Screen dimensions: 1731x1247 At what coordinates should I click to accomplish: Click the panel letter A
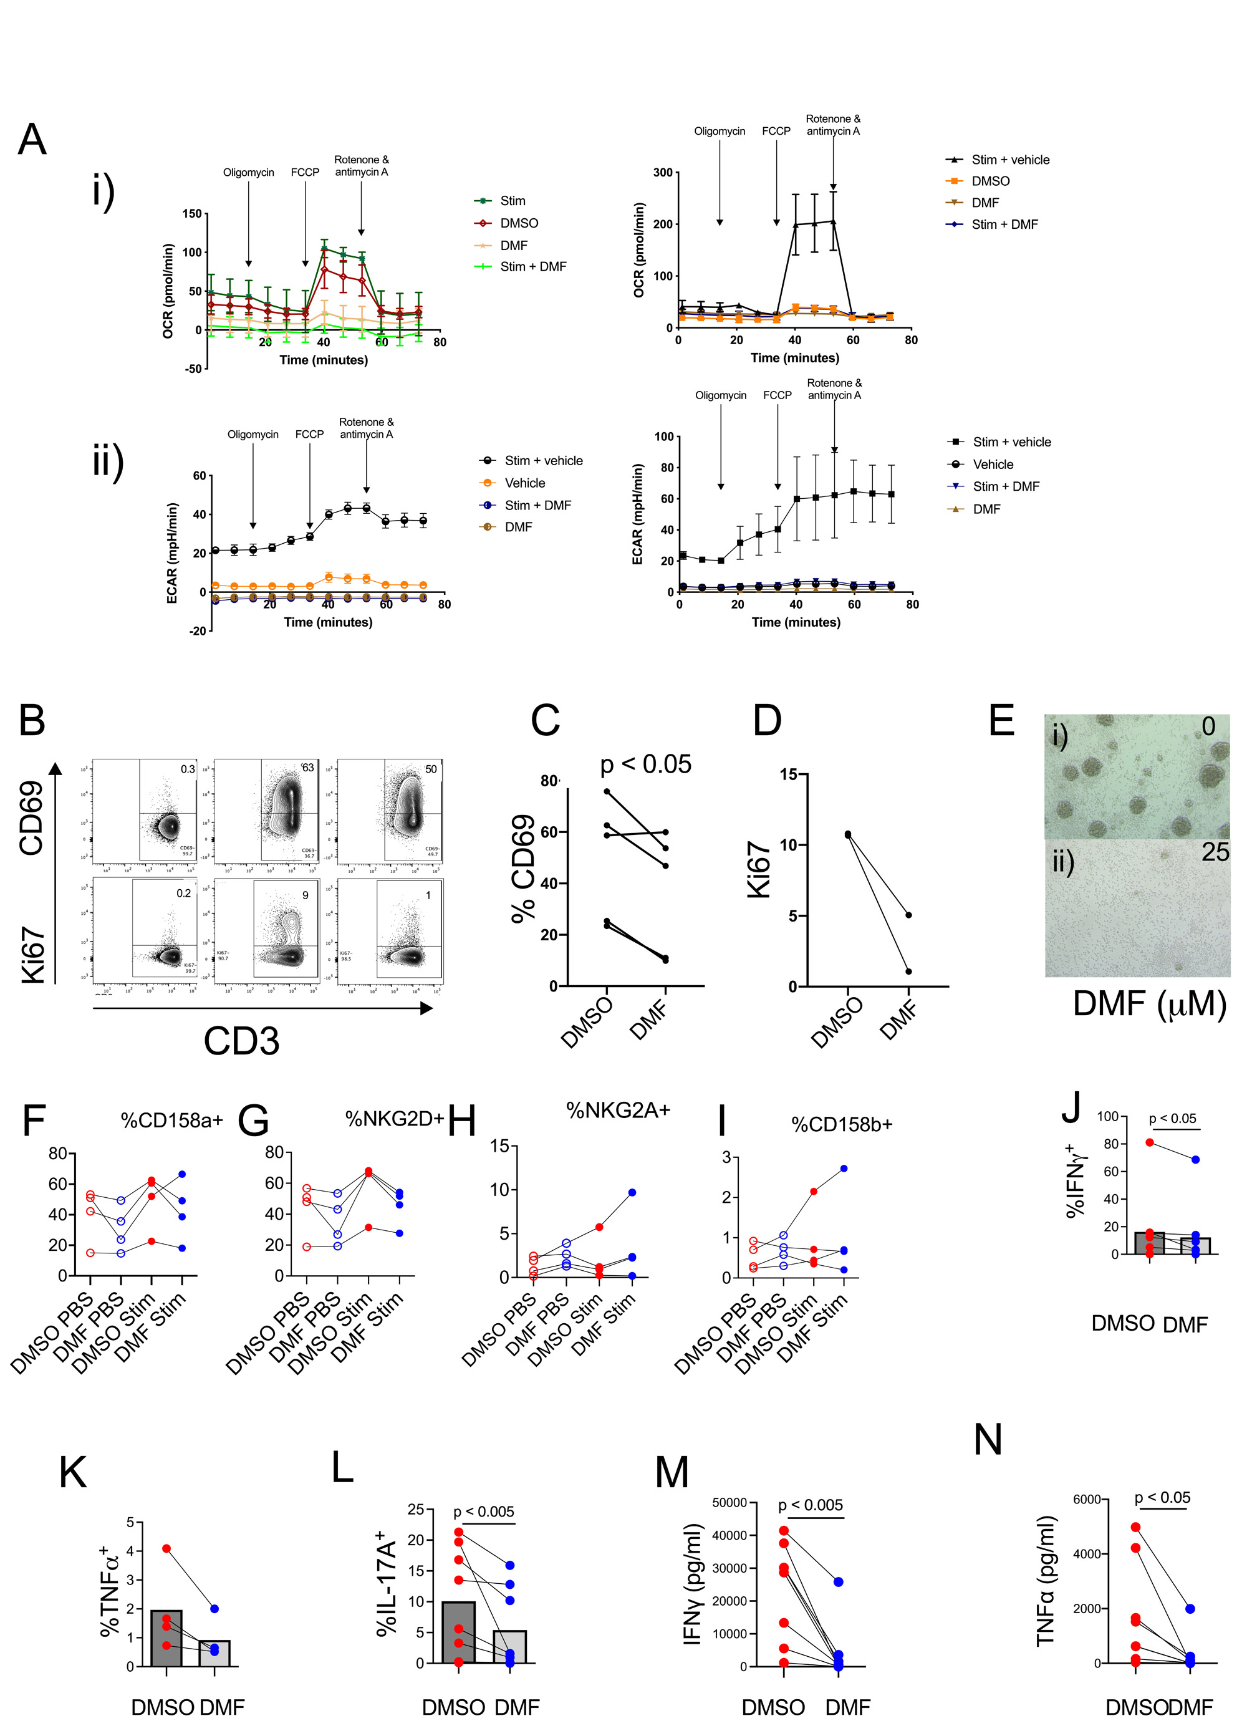[x=32, y=139]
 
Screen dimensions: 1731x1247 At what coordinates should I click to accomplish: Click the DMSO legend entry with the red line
[x=518, y=223]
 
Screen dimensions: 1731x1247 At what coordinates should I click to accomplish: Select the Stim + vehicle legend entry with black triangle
[x=1009, y=160]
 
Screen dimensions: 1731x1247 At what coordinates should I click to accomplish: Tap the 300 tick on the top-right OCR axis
[x=662, y=173]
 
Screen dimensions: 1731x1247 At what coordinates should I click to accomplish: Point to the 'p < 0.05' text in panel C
[x=645, y=764]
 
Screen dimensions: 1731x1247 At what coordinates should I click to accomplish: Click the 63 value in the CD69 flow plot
[x=307, y=768]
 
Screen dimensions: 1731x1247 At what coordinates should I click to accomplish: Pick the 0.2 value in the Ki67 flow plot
[x=184, y=893]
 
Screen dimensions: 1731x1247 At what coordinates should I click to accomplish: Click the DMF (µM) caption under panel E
[x=1148, y=1004]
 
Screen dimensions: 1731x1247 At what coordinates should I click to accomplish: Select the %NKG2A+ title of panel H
[x=617, y=1111]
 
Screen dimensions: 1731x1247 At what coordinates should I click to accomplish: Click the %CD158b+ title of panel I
[x=841, y=1124]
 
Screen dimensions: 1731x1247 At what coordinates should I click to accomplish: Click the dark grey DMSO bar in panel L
[x=459, y=1632]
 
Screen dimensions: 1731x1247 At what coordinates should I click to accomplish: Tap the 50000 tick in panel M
[x=729, y=1503]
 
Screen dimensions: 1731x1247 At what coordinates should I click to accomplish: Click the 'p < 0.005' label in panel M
[x=810, y=1505]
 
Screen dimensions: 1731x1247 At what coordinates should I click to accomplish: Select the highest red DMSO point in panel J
[x=1149, y=1142]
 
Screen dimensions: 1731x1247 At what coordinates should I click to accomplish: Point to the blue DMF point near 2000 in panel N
[x=1190, y=1608]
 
